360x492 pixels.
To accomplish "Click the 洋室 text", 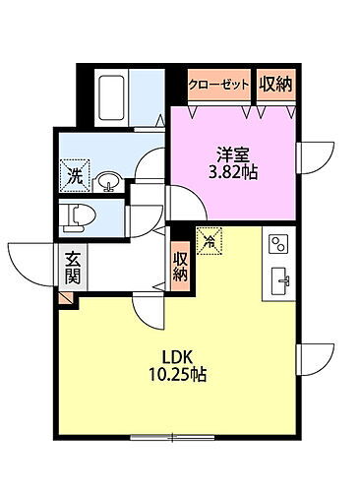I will click(x=233, y=154).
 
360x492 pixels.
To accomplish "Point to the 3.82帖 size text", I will click(x=233, y=173).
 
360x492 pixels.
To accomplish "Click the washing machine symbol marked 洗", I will click(x=76, y=177).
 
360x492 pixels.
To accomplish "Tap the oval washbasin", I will click(x=110, y=181).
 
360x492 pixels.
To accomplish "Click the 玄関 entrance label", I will click(x=74, y=268).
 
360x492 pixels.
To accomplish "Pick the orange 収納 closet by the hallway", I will click(x=181, y=265).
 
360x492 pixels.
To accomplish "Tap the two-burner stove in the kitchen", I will click(x=277, y=245).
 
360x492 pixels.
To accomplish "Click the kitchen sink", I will click(x=278, y=279).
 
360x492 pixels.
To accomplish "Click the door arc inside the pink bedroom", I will click(x=187, y=203).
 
